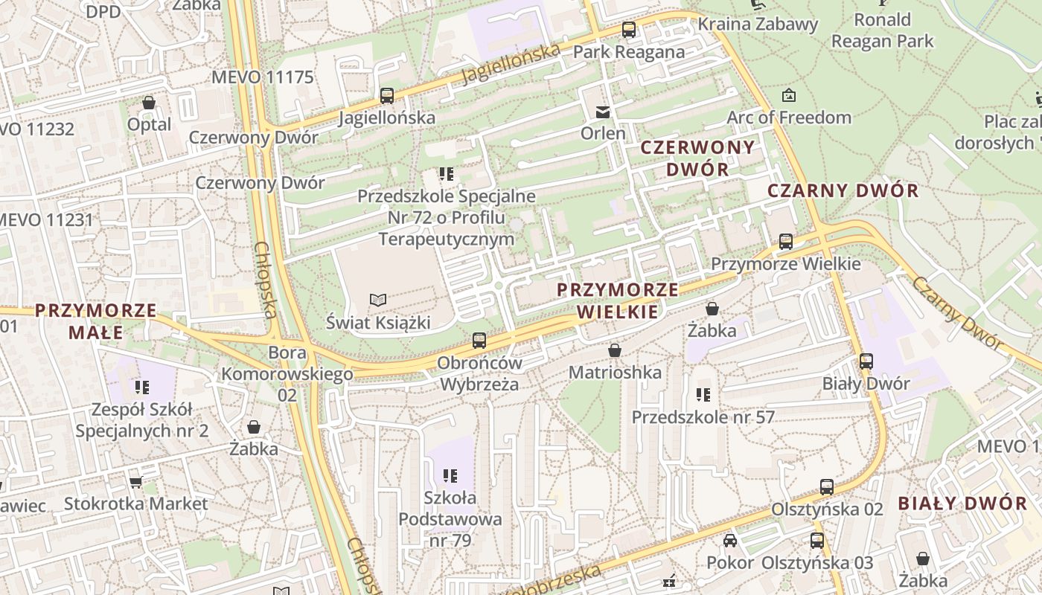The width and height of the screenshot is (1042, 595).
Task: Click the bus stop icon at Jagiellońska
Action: pyautogui.click(x=386, y=95)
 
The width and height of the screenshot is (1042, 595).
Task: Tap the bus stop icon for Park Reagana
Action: pyautogui.click(x=629, y=30)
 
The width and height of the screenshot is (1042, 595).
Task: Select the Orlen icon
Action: pyautogui.click(x=602, y=112)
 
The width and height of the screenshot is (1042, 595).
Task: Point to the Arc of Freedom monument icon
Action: pyautogui.click(x=788, y=95)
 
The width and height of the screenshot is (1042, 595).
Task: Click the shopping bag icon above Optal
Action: pyautogui.click(x=149, y=103)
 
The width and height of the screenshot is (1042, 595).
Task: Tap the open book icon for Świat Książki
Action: pyautogui.click(x=378, y=300)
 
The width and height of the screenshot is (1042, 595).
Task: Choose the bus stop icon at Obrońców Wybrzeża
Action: pyautogui.click(x=479, y=341)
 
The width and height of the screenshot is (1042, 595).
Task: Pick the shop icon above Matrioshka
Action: pyautogui.click(x=615, y=350)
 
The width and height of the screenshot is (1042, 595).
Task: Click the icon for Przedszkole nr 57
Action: pyautogui.click(x=703, y=395)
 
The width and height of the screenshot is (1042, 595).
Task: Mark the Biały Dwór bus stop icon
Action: pyautogui.click(x=866, y=361)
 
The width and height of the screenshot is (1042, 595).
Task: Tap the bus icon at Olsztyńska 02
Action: pyautogui.click(x=827, y=487)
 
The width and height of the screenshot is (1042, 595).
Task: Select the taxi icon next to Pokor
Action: pyautogui.click(x=730, y=541)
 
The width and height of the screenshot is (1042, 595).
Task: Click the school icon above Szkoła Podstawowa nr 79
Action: pyautogui.click(x=450, y=475)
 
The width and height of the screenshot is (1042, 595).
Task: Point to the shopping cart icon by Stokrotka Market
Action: pyautogui.click(x=135, y=482)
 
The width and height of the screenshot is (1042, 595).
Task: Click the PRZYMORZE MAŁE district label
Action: pyautogui.click(x=96, y=321)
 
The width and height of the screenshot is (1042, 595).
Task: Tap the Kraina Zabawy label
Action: pyautogui.click(x=757, y=24)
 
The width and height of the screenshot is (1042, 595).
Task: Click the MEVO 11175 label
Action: pyautogui.click(x=263, y=77)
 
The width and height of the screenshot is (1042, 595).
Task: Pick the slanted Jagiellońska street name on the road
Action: pyautogui.click(x=511, y=64)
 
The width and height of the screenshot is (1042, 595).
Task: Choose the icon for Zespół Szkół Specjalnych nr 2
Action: pyautogui.click(x=142, y=387)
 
